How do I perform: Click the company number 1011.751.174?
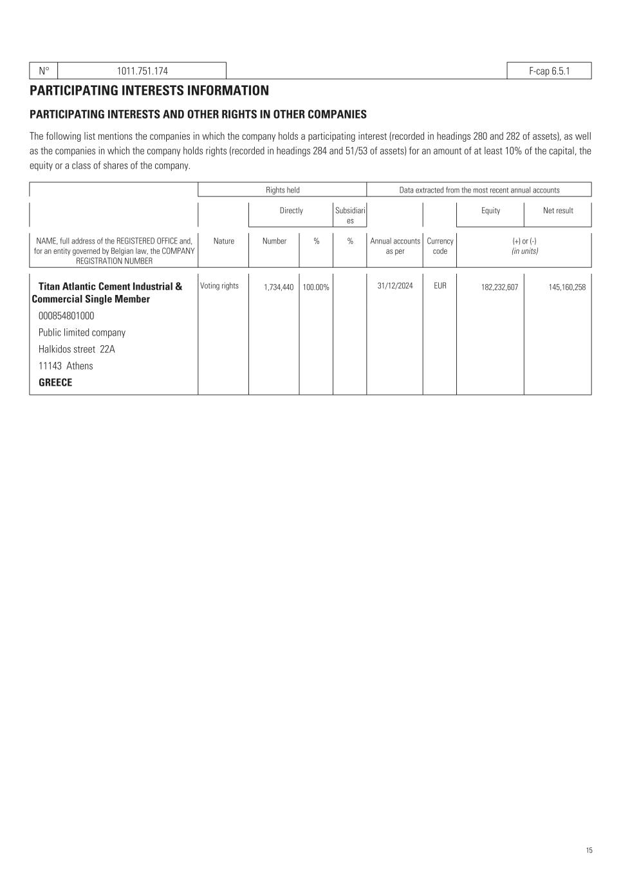[x=142, y=71]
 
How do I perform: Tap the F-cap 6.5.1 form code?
[x=549, y=71]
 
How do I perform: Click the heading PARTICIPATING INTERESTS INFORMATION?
[x=149, y=91]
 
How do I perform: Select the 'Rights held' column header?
[x=283, y=190]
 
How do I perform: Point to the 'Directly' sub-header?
[x=291, y=211]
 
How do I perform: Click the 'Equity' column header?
[x=490, y=211]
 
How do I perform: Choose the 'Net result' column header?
[x=558, y=211]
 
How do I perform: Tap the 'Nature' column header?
[x=223, y=241]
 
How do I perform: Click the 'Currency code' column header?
[x=440, y=246]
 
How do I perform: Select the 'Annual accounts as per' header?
[x=395, y=246]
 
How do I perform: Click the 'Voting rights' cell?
[x=219, y=286]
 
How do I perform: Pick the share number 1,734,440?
[x=279, y=287]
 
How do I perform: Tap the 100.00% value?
[x=316, y=287]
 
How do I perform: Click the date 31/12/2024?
[x=395, y=286]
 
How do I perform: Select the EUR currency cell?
[x=440, y=286]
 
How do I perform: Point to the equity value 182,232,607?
[x=499, y=287]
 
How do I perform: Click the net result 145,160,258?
[x=567, y=287]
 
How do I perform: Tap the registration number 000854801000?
[x=66, y=316]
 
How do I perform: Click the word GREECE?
[x=55, y=383]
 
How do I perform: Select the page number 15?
[x=589, y=851]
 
